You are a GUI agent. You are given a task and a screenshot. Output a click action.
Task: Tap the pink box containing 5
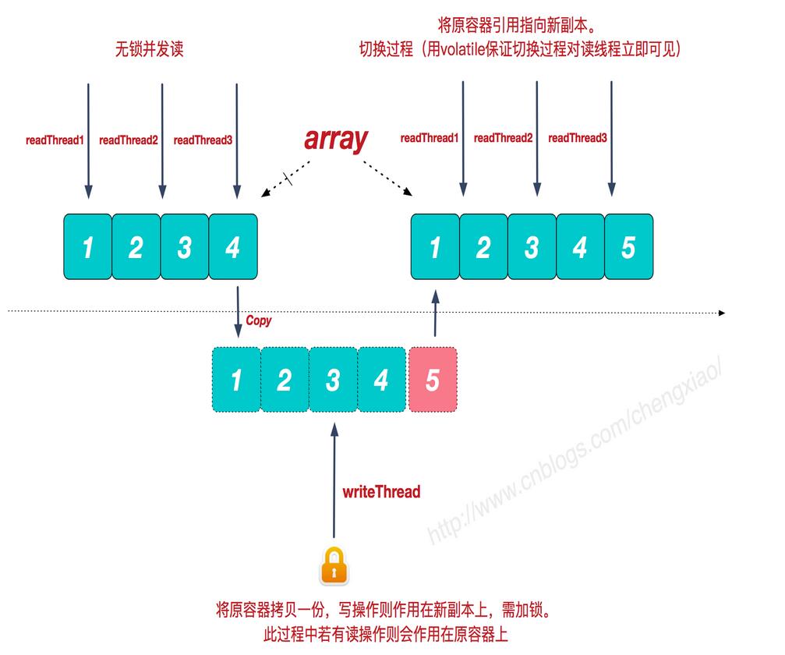coord(433,380)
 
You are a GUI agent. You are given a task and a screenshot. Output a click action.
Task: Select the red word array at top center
coord(335,139)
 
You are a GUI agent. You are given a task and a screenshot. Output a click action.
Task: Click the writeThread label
coord(381,492)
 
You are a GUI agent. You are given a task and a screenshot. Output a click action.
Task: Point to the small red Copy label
coord(259,320)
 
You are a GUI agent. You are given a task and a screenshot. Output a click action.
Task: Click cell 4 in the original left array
coord(232,248)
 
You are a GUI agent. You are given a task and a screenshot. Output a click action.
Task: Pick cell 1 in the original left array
coord(87,248)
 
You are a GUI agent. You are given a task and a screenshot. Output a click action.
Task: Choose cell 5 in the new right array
coord(628,248)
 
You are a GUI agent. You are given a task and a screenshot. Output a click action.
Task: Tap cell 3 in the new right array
coord(532,248)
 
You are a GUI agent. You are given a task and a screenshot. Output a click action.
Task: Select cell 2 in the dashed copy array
coord(285,380)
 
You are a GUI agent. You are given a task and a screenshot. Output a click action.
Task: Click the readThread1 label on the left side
coord(54,140)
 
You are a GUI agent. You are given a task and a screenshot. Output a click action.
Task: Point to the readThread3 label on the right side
coord(578,138)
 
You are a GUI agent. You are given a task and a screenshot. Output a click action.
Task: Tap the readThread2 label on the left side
coord(129,140)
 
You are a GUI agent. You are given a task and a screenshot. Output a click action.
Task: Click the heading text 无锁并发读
coord(150,50)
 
